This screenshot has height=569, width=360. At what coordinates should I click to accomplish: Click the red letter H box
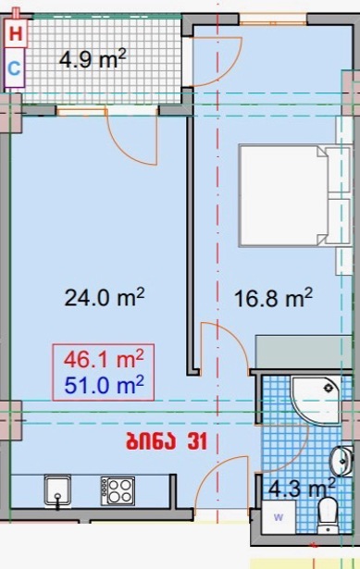tap(16, 33)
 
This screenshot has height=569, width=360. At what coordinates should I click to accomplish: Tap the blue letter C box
tap(15, 68)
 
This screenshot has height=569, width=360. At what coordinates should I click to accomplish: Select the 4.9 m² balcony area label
tap(93, 59)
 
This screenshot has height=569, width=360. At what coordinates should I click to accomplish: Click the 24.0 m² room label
tap(105, 297)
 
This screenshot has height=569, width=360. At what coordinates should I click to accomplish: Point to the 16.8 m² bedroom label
tap(273, 298)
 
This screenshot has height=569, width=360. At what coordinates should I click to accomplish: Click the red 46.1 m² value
tap(104, 359)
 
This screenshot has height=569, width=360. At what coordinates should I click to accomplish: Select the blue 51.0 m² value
tap(105, 385)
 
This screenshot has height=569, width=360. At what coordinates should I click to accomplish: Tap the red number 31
tap(197, 441)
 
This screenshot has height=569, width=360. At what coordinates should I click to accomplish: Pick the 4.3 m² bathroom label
tap(302, 488)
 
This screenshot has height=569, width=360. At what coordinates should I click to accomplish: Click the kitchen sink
tap(57, 490)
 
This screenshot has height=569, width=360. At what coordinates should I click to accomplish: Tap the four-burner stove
tap(118, 491)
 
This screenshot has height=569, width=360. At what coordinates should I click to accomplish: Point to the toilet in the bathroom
tap(328, 515)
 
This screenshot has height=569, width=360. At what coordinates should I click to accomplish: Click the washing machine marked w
tap(279, 517)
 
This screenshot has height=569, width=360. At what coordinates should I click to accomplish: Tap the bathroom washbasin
tap(341, 461)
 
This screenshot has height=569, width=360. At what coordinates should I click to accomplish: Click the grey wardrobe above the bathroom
tap(304, 352)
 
